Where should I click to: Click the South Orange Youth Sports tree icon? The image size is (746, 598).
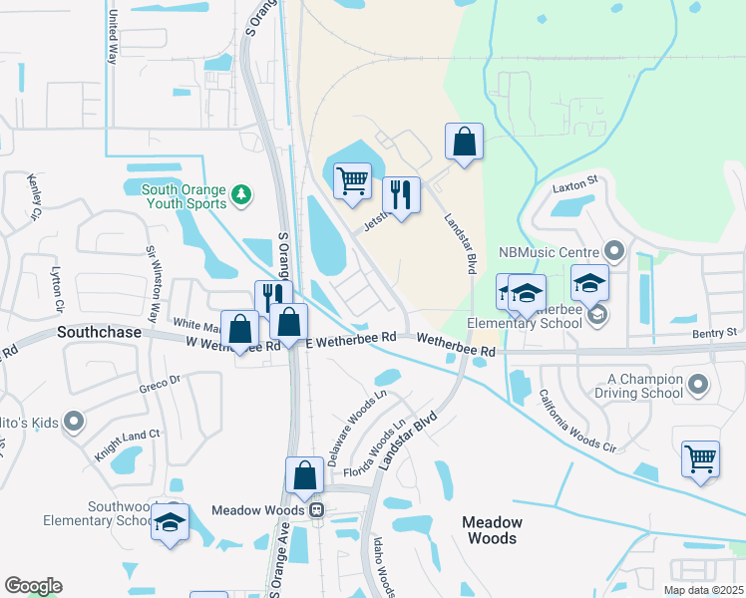[x=240, y=193]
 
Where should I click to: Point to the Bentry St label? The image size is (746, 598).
[x=716, y=331]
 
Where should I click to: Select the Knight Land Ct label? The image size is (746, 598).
[x=127, y=434]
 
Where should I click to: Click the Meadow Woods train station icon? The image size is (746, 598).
[x=316, y=510]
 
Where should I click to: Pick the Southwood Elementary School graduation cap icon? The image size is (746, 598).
[x=170, y=522]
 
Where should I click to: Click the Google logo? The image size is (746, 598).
[x=32, y=586]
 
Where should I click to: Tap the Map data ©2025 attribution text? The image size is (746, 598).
[x=702, y=590]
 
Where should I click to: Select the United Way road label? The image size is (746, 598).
[x=113, y=38]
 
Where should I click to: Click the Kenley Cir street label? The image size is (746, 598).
[x=36, y=195]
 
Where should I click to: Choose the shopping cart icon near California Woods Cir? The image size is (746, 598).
[x=701, y=459]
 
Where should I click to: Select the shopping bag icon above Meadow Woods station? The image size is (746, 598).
[x=304, y=475]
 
